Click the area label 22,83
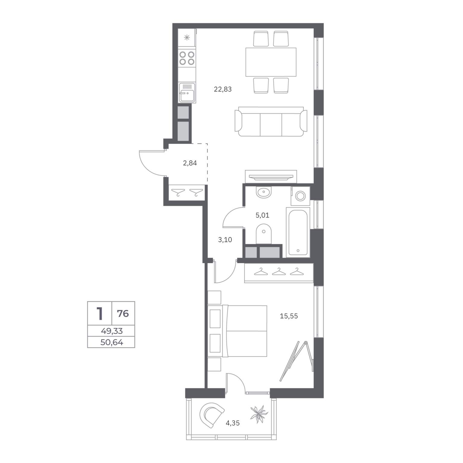[x=223, y=89]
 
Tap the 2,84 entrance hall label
[x=190, y=163]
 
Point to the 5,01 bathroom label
[x=262, y=215]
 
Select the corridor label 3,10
[x=225, y=240]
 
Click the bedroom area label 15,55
[x=289, y=316]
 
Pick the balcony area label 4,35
[x=233, y=423]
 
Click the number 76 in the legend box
[x=123, y=314]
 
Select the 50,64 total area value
[x=112, y=342]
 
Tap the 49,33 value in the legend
[x=112, y=331]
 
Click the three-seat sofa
[x=271, y=121]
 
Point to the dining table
[x=271, y=62]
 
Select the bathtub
[x=298, y=232]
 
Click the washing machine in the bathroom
[x=300, y=196]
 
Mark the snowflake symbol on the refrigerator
[x=187, y=38]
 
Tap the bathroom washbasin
[x=264, y=192]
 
